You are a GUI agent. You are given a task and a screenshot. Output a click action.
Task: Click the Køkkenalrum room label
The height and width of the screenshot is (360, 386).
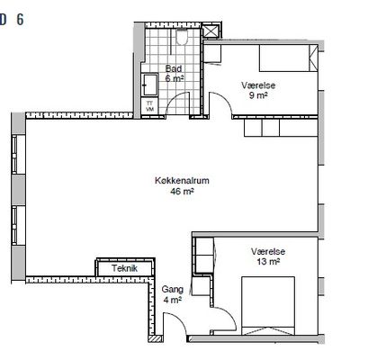pyautogui.click(x=182, y=181)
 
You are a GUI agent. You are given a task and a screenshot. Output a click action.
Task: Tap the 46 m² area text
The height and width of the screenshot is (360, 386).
pyautogui.click(x=182, y=191)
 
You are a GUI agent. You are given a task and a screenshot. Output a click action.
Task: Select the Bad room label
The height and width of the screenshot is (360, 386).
pyautogui.click(x=174, y=68)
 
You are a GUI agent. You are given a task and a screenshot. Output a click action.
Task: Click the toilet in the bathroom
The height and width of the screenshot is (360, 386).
pyautogui.click(x=182, y=38)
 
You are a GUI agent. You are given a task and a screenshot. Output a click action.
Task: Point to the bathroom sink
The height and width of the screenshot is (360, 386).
pyautogui.click(x=150, y=85)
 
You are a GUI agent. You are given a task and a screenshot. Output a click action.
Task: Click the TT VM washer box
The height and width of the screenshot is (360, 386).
pyautogui.click(x=149, y=106)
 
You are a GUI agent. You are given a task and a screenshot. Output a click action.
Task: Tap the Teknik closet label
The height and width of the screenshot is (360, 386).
pyautogui.click(x=124, y=268)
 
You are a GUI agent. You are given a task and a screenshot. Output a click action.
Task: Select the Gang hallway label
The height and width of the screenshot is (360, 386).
pyautogui.click(x=173, y=290)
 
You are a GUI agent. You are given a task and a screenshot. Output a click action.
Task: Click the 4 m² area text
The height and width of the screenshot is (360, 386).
pyautogui.click(x=173, y=300)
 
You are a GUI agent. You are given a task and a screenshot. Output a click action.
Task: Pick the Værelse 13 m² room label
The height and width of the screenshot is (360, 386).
pyautogui.click(x=268, y=256)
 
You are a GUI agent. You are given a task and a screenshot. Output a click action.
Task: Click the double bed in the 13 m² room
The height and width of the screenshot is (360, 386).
pyautogui.click(x=268, y=305)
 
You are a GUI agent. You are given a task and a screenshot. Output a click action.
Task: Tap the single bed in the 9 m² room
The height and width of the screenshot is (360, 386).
pyautogui.click(x=288, y=58)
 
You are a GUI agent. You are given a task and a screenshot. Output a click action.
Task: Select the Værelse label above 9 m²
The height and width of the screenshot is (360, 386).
pyautogui.click(x=258, y=85)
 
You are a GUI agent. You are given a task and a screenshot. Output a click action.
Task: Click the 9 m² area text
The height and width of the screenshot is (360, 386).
pyautogui.click(x=258, y=95)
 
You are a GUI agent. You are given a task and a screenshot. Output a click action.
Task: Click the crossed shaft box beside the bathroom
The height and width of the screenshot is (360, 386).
pyautogui.click(x=211, y=31)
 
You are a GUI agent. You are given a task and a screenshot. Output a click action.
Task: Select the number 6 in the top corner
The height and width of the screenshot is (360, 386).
pyautogui.click(x=20, y=20)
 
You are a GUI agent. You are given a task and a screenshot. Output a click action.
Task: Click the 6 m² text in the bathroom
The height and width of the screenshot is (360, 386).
pyautogui.click(x=175, y=78)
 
